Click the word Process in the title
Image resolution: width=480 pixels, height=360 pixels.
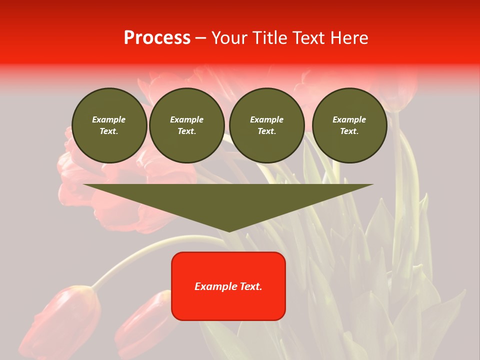[157, 38]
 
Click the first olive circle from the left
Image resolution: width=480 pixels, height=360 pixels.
[109, 125]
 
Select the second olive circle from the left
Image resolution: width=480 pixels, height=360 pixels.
[186, 125]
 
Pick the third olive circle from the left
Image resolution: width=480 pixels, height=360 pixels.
[266, 125]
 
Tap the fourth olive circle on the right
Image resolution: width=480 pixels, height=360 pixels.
[349, 125]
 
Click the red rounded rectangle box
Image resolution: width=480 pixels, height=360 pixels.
[228, 285]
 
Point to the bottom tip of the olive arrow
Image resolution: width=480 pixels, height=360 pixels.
[228, 230]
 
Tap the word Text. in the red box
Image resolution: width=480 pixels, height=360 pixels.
[250, 286]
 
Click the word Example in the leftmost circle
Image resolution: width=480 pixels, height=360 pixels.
[109, 119]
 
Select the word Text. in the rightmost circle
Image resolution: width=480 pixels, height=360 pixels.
[349, 131]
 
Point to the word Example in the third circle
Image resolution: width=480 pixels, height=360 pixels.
[266, 119]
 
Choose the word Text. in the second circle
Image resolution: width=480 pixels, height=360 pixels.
[186, 131]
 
